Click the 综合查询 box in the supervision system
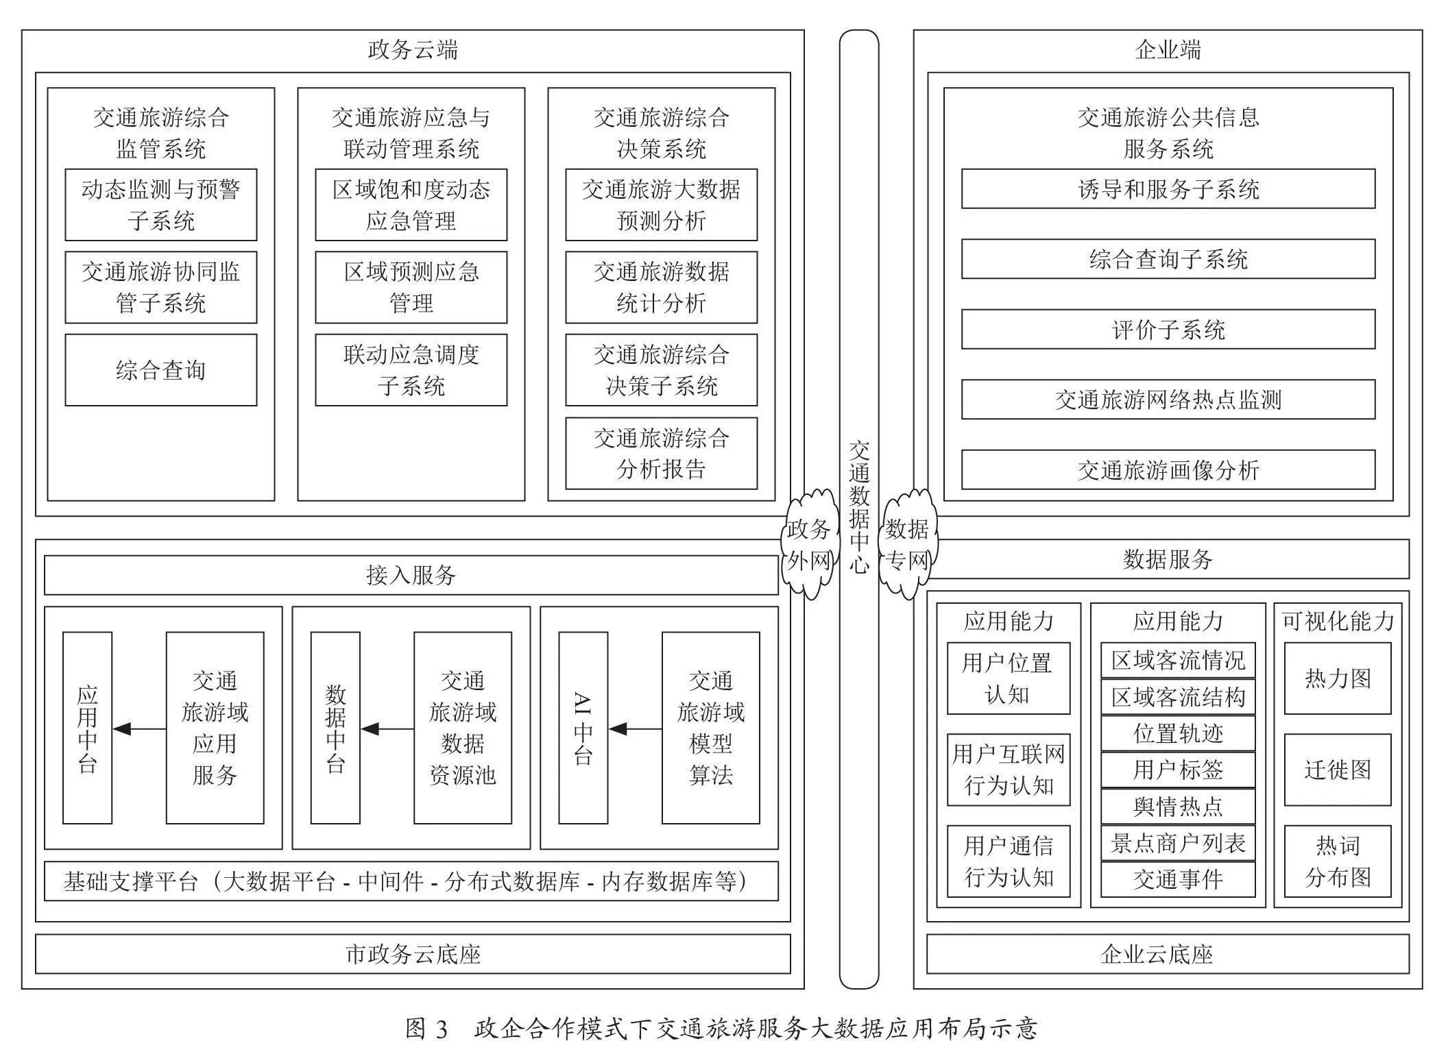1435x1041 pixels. point(161,370)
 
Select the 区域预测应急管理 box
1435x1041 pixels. point(411,287)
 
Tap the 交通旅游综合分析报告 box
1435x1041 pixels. point(662,453)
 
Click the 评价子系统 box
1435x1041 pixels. point(1168,330)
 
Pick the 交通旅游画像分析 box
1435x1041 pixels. point(1168,469)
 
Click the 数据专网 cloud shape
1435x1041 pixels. point(908,545)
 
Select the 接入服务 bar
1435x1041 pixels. point(411,575)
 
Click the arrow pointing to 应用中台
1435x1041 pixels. point(139,728)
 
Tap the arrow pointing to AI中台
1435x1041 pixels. point(636,728)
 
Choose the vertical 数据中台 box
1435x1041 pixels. point(335,728)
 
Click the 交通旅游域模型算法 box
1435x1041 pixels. point(711,728)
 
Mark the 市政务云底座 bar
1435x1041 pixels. point(413,954)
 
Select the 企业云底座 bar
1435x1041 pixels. point(1168,954)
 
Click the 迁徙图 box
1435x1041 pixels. point(1338,770)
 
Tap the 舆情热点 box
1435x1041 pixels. point(1178,806)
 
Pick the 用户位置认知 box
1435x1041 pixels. point(1009,678)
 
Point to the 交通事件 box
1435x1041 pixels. point(1178,879)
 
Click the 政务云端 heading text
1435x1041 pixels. point(413,50)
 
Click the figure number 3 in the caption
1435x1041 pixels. point(441,1029)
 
